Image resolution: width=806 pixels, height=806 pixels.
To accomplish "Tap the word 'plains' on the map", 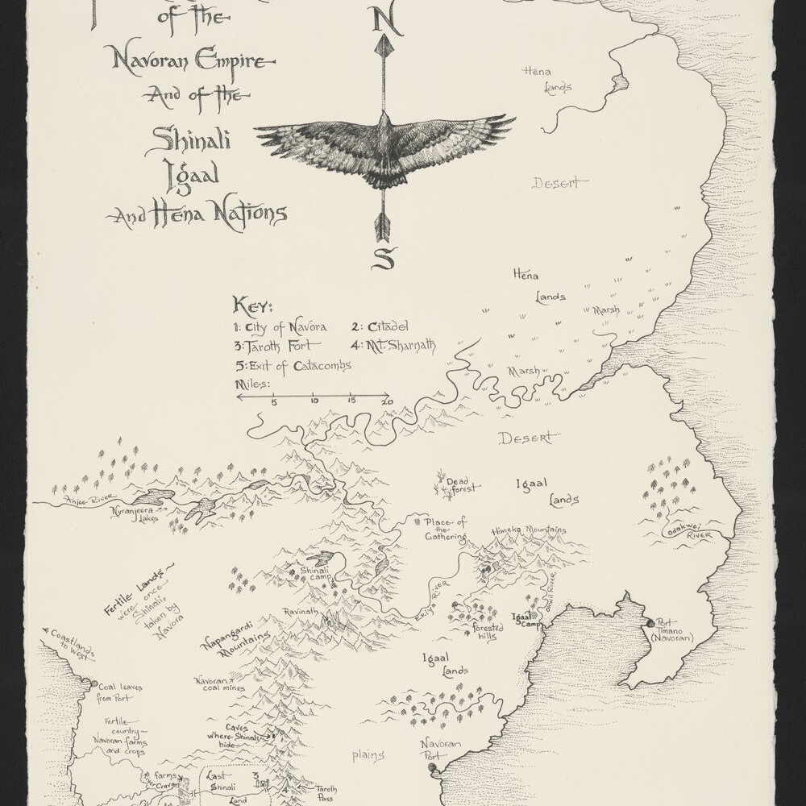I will pyautogui.click(x=368, y=755).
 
